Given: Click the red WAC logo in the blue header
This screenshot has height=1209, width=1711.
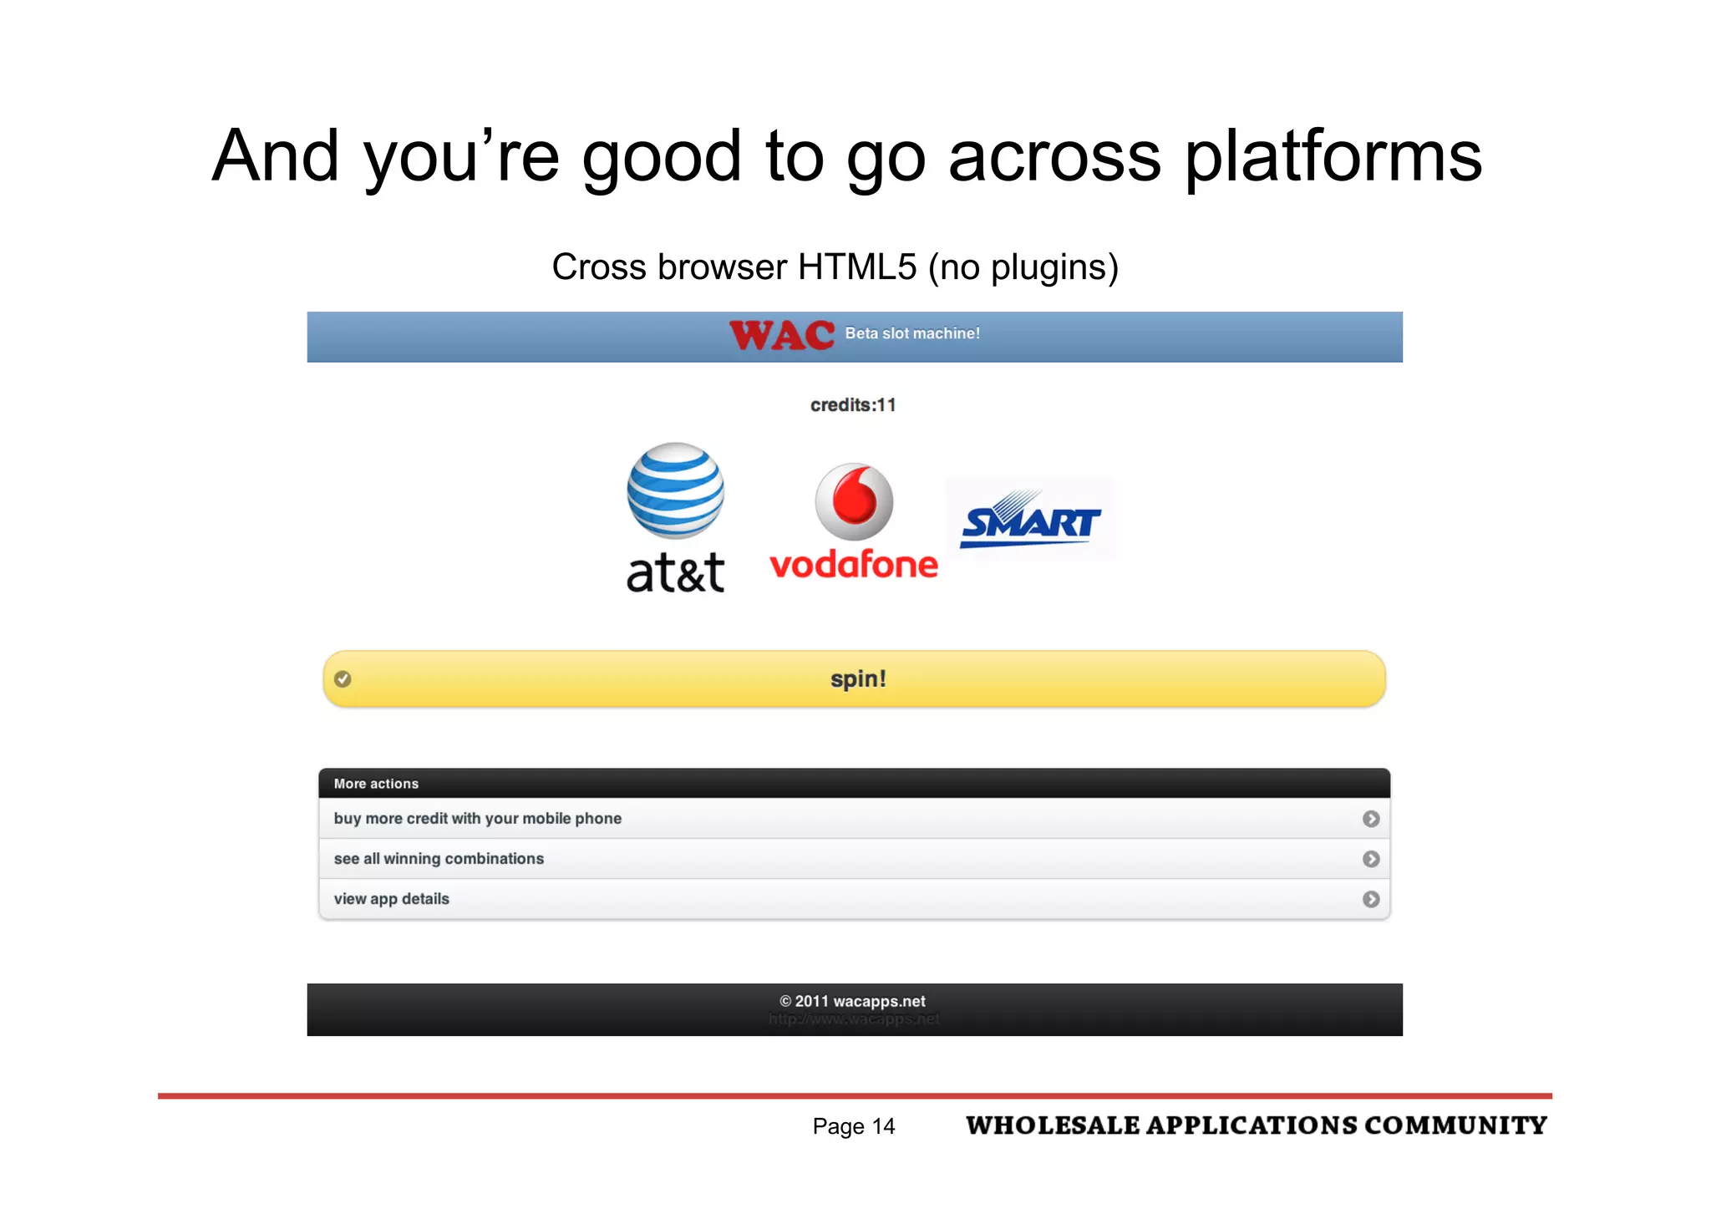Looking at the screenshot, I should click(781, 336).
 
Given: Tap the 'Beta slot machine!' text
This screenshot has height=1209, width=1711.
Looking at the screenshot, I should click(912, 333).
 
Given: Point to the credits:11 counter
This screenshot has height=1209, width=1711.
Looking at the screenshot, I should click(853, 405).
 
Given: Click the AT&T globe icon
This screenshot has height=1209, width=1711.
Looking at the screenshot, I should click(676, 490).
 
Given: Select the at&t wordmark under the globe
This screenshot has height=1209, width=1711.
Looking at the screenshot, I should click(676, 573).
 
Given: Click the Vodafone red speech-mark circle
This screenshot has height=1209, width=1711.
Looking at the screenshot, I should click(854, 501).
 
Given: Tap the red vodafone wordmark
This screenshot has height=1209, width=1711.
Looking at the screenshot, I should click(854, 566).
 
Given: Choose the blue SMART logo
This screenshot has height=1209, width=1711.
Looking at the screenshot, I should click(1030, 521).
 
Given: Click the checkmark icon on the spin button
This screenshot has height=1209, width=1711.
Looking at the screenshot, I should click(343, 678).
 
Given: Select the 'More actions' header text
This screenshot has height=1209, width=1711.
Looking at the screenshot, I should click(376, 784).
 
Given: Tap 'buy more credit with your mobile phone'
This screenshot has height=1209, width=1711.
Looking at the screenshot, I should click(478, 819).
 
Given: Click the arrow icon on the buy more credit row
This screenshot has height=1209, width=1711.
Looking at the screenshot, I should click(1371, 819).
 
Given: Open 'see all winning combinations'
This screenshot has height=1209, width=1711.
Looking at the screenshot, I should click(439, 859).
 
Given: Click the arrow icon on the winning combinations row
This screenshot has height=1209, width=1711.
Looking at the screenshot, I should click(1371, 859).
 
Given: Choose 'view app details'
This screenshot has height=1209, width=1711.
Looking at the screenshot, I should click(392, 899).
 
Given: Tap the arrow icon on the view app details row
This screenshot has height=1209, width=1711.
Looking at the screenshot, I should click(1371, 899).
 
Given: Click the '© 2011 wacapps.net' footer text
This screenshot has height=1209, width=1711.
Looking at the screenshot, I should click(852, 1001).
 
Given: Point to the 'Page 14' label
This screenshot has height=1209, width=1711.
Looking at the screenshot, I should click(853, 1126).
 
